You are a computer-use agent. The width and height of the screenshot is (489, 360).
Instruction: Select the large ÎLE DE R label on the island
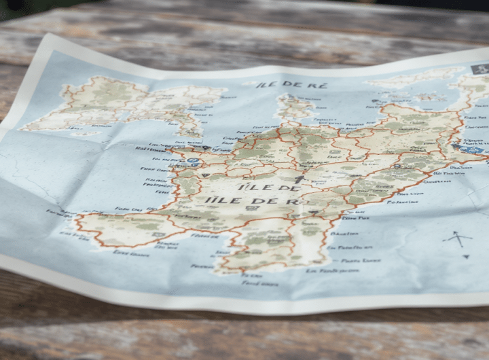(253, 202)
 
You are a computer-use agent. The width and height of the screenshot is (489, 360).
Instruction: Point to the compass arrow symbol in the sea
(458, 238)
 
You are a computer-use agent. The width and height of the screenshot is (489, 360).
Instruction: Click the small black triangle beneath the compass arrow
(466, 257)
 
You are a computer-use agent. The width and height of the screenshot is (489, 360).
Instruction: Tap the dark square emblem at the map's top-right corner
(480, 69)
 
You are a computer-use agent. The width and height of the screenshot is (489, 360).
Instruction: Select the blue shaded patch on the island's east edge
(472, 147)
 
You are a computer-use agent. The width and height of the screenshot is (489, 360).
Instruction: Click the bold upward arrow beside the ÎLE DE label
(300, 180)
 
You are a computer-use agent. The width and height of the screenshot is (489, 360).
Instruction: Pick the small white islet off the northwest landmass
(84, 133)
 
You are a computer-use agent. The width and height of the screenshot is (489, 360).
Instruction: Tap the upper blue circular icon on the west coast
(193, 162)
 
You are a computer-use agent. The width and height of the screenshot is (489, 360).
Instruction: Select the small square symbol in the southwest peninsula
(157, 234)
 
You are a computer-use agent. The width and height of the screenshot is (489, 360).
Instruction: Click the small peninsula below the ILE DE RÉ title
(293, 109)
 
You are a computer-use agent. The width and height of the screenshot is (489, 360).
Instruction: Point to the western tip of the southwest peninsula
(75, 219)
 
